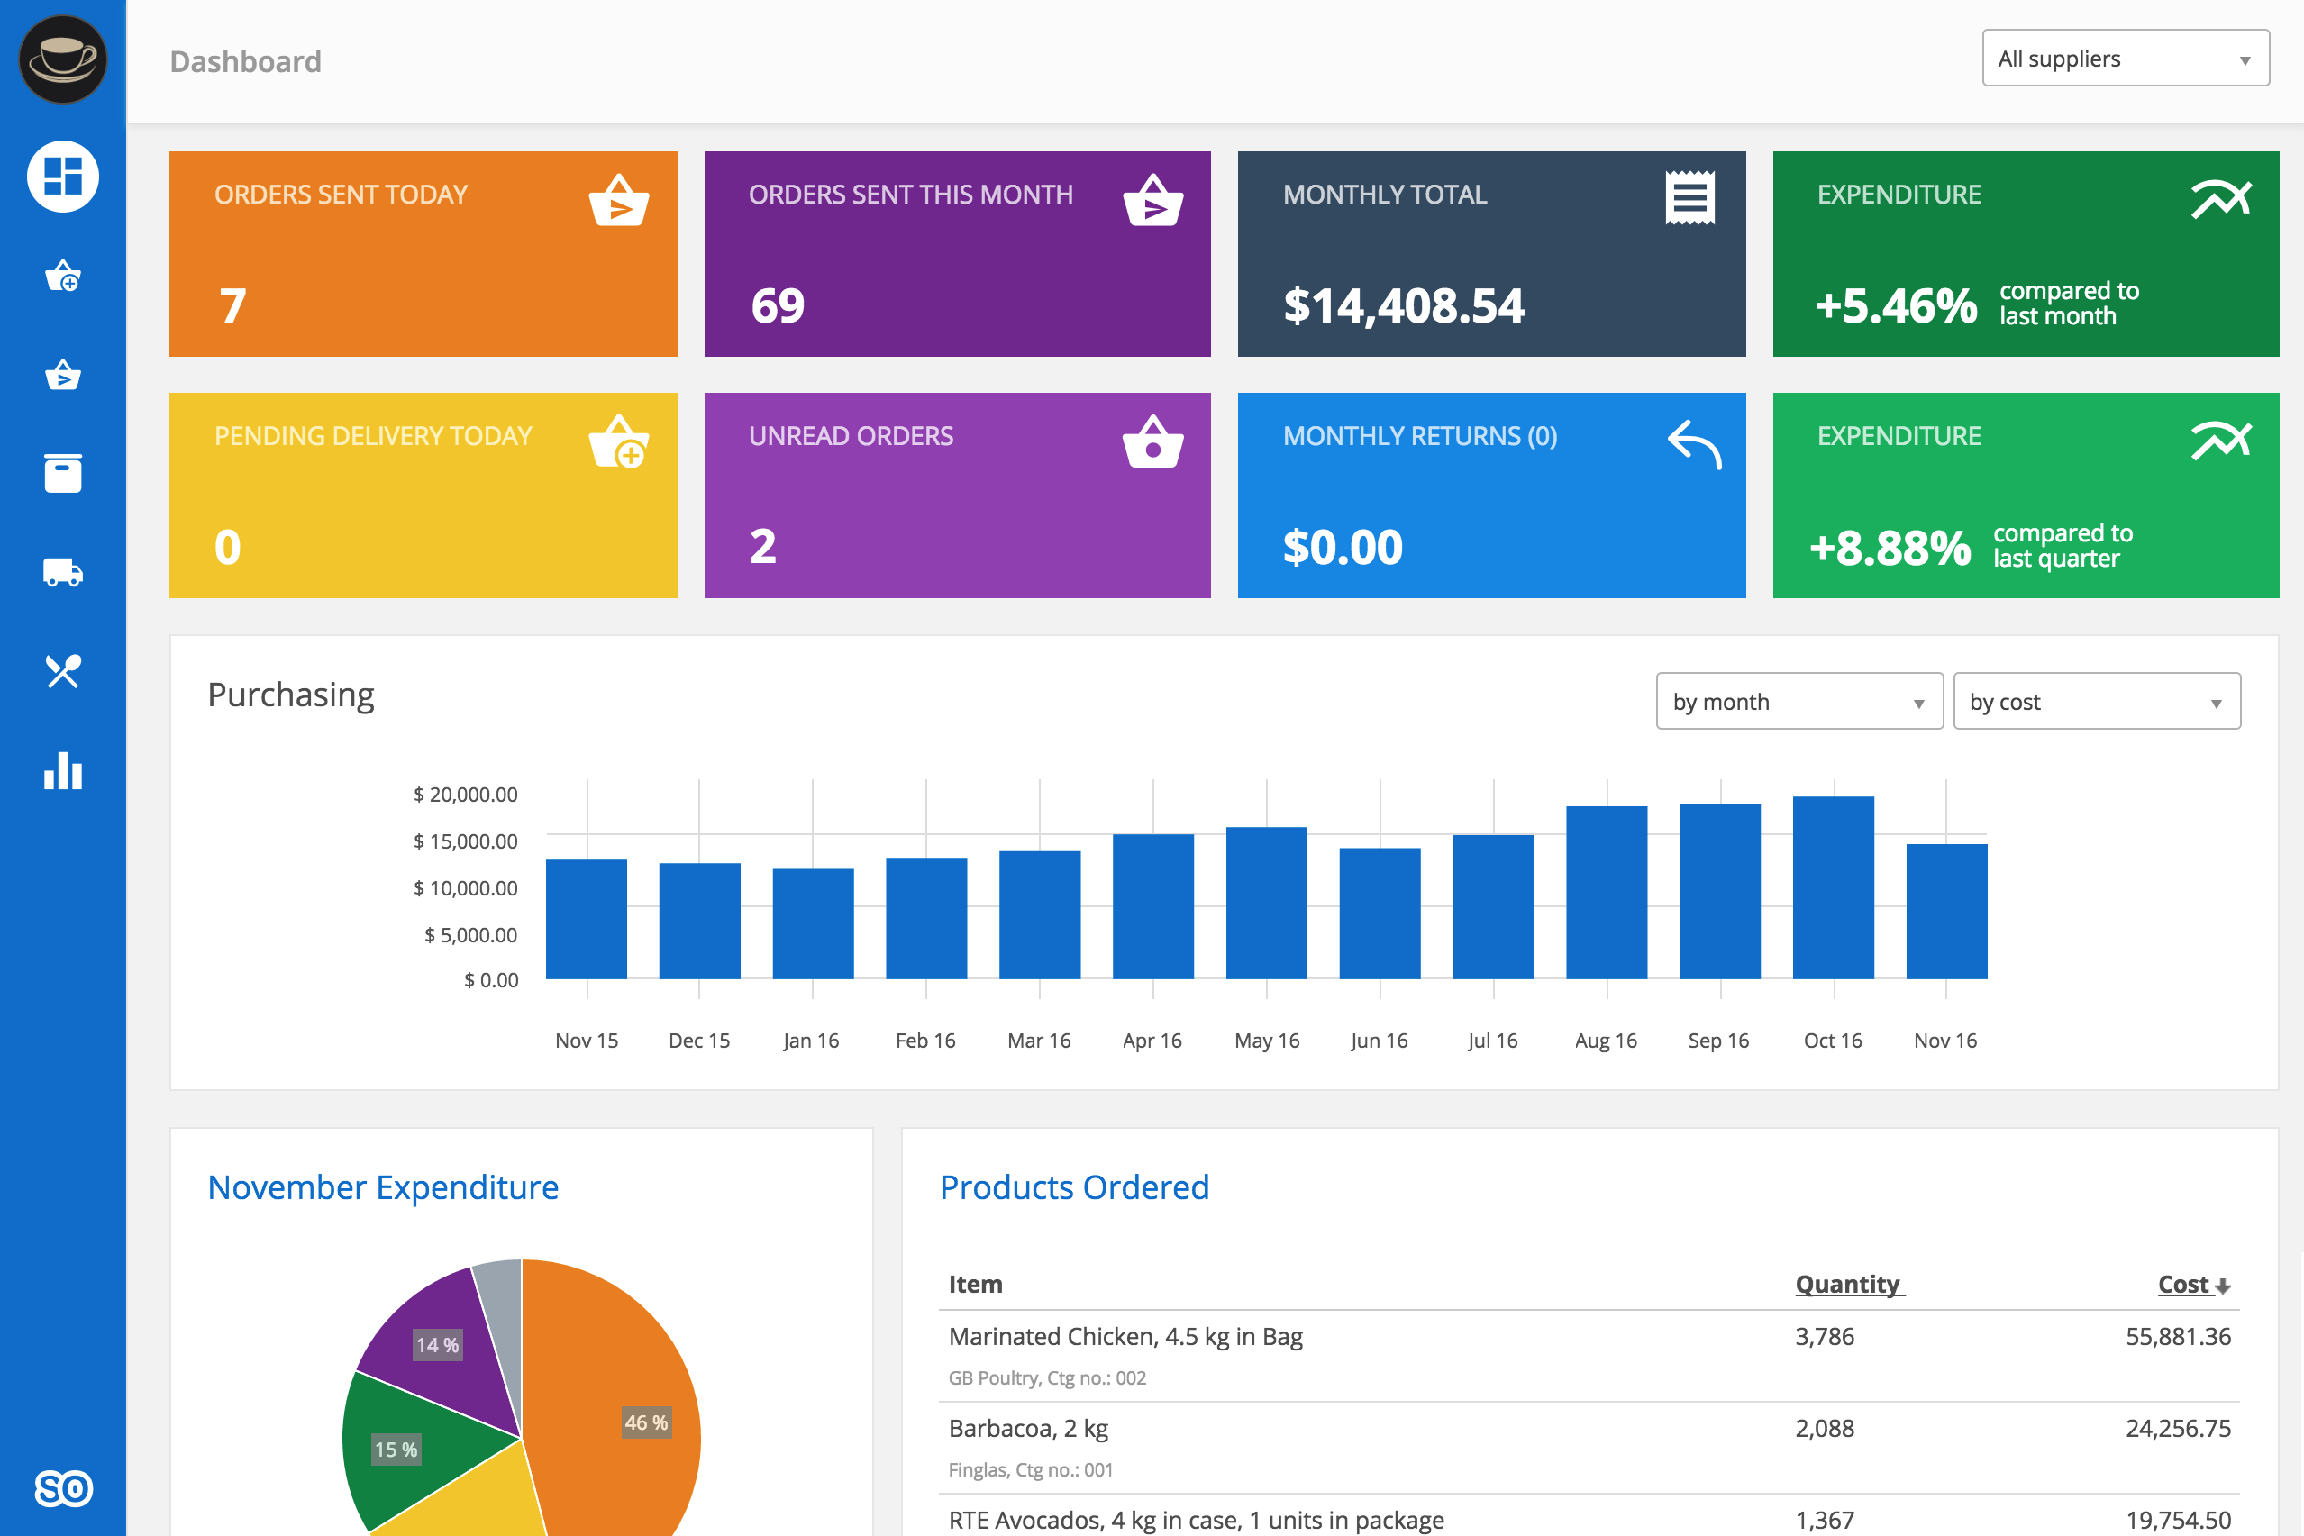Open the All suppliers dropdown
pos(2125,59)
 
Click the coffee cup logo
pos(63,59)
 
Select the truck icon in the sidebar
pos(63,572)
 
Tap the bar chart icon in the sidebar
pos(63,771)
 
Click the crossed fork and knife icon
pos(63,672)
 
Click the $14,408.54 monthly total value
pos(1403,306)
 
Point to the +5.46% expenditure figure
pos(1896,306)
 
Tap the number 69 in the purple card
pos(778,306)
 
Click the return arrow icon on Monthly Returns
pos(1694,445)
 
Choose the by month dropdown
pos(1799,702)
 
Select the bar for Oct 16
pos(1833,887)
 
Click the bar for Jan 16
pos(812,923)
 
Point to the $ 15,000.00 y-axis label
pos(465,841)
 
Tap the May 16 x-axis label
pos(1267,1041)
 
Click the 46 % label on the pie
pos(647,1422)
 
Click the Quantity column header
pos(1848,1285)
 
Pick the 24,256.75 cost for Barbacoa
pos(2177,1428)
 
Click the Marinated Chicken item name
pos(1125,1337)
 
